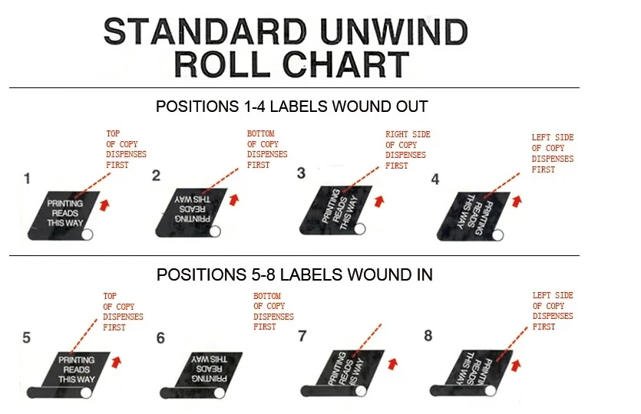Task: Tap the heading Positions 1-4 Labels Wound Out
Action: (292, 107)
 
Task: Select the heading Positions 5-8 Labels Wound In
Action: (294, 274)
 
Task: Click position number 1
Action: (27, 179)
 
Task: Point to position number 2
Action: (156, 176)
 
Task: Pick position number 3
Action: (301, 173)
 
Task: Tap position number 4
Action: (435, 180)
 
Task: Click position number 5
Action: (27, 337)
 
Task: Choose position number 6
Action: (160, 338)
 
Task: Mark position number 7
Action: (302, 336)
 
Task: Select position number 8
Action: (428, 335)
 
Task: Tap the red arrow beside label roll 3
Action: (378, 201)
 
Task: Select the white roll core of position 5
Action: (86, 392)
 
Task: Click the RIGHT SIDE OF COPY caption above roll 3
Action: (407, 149)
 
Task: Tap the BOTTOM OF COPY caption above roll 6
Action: (273, 311)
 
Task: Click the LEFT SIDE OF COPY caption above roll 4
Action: (552, 153)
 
